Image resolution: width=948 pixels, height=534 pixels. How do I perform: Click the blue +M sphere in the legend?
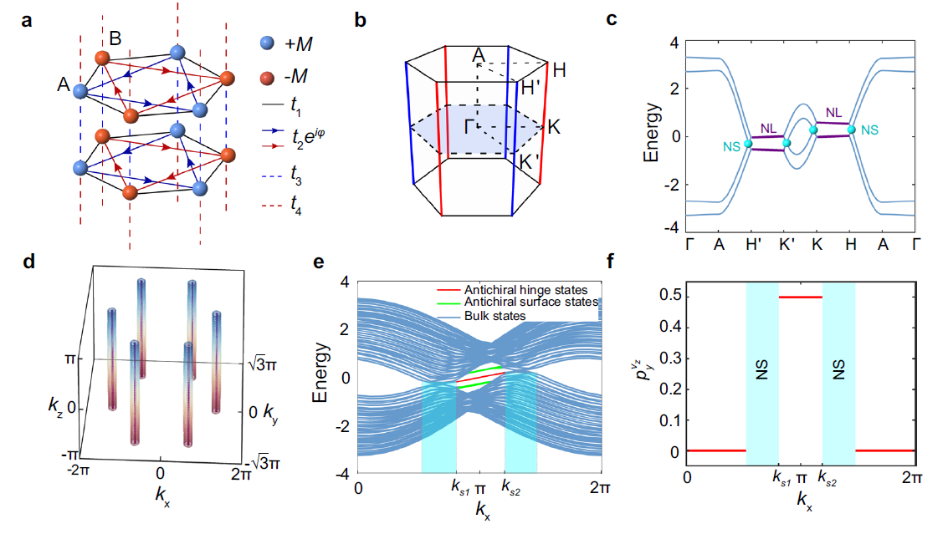pos(267,43)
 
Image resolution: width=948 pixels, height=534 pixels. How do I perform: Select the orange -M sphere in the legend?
pos(267,78)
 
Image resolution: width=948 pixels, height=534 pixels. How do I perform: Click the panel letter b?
pos(361,21)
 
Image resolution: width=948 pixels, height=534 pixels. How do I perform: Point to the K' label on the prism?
pos(530,162)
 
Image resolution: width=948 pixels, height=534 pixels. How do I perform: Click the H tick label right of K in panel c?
pos(851,244)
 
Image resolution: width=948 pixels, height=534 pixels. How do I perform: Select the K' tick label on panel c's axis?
pos(787,244)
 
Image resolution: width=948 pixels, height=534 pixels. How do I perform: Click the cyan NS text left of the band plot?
pos(731,147)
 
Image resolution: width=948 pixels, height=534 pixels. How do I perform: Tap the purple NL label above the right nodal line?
pos(833,112)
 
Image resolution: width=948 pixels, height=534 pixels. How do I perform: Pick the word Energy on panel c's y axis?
pos(651,132)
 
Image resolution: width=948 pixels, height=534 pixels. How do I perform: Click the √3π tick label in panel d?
pos(262,365)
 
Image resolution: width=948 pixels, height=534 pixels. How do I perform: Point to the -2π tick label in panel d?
pos(76,470)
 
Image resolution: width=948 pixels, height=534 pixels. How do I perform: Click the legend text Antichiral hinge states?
pos(526,290)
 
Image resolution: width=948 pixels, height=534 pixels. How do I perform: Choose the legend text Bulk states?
pos(495,315)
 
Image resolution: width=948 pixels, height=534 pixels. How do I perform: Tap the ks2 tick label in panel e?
pos(511,487)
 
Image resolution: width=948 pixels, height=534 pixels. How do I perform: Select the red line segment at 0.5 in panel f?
pos(801,298)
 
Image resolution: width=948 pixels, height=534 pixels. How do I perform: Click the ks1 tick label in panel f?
pos(782,479)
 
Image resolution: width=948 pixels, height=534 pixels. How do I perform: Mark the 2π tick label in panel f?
pos(912,477)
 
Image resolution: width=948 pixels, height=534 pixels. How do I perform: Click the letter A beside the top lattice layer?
pos(64,84)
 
